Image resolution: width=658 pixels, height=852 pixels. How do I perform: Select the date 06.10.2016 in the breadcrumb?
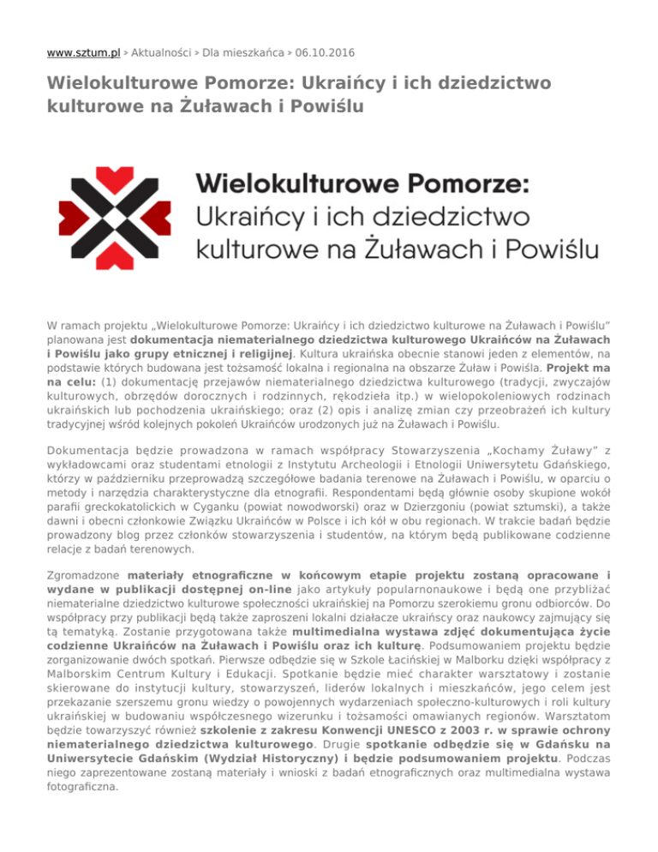click(x=323, y=53)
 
